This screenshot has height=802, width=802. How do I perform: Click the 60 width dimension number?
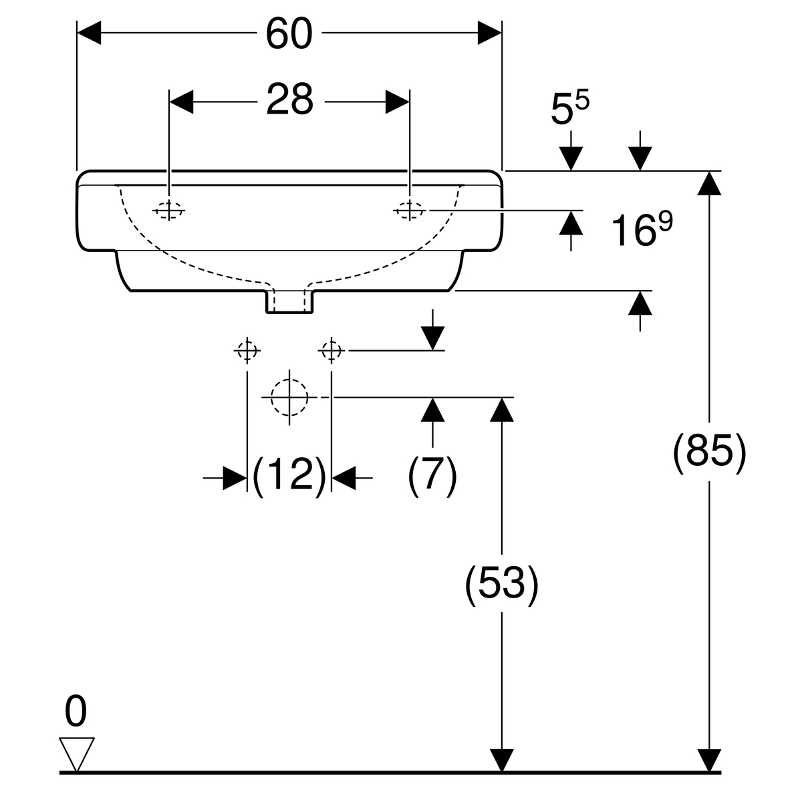tap(289, 33)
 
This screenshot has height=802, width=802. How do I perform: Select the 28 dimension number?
tap(290, 100)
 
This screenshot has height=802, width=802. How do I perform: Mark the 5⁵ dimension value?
tap(570, 108)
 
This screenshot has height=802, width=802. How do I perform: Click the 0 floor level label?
tap(76, 711)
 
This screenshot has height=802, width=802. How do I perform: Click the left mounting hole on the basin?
tap(169, 211)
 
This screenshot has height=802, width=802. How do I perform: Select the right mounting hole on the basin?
tap(409, 211)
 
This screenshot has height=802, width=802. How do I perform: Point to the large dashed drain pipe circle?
tap(289, 397)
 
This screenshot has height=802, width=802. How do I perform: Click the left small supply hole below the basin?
tap(247, 350)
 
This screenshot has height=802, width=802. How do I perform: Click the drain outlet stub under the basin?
tap(289, 301)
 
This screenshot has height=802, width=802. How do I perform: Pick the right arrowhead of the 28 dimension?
tap(397, 102)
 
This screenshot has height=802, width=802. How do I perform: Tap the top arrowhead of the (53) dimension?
tap(501, 409)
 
